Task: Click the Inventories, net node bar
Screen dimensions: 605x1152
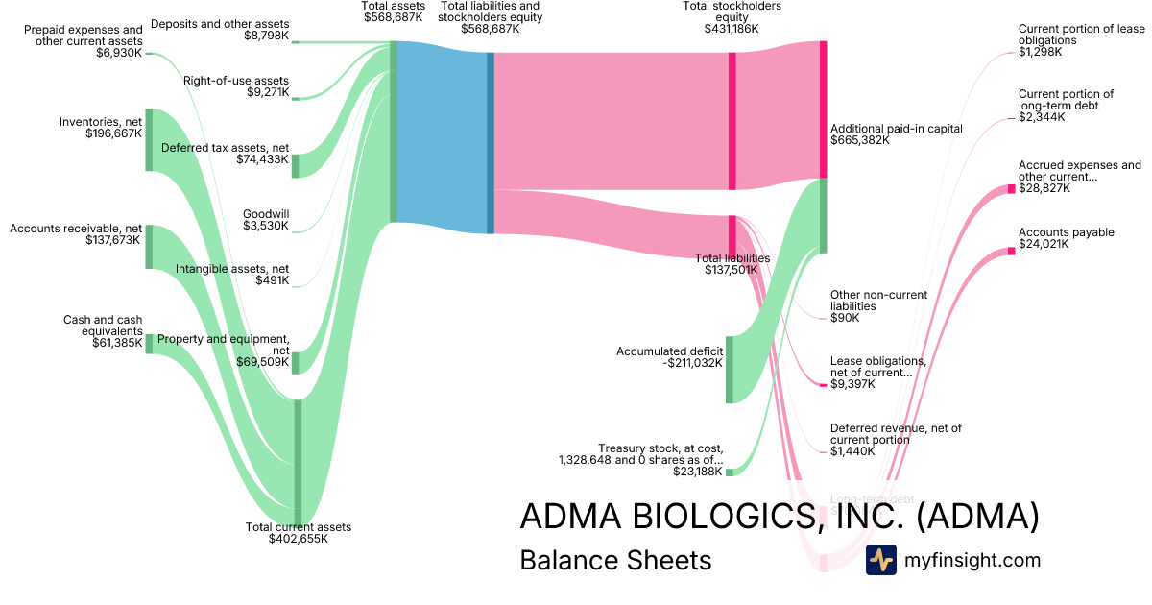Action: [149, 140]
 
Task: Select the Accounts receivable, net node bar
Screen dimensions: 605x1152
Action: [149, 247]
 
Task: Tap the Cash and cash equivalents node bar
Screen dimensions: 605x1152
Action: [149, 344]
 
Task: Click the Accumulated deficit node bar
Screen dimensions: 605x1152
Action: [730, 370]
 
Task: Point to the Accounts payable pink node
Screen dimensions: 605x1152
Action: [1011, 252]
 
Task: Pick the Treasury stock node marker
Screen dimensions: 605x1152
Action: [730, 472]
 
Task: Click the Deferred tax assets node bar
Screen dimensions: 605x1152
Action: [296, 165]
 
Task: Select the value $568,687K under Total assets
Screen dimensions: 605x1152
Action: [393, 17]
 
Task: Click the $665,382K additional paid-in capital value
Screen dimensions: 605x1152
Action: [860, 140]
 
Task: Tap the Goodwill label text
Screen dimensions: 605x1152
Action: [266, 214]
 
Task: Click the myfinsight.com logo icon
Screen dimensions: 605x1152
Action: [880, 560]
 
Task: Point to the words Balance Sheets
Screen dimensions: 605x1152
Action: [615, 560]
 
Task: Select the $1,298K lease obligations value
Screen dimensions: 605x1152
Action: [1041, 52]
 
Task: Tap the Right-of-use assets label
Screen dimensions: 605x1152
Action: [236, 81]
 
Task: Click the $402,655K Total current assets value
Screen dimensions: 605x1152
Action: [299, 539]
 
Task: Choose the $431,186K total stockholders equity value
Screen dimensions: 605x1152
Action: [732, 29]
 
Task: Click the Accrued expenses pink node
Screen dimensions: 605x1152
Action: [1011, 189]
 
